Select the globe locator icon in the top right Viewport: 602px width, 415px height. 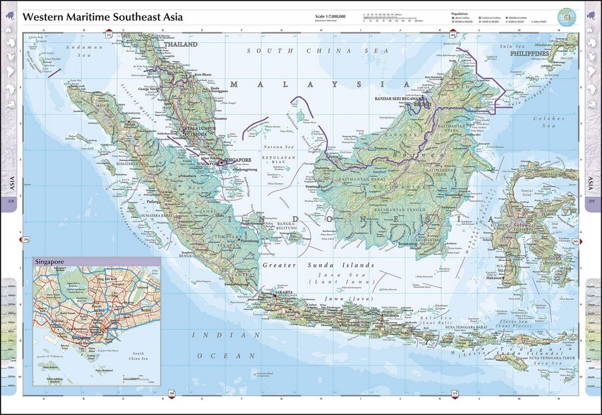567,16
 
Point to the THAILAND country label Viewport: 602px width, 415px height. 182,44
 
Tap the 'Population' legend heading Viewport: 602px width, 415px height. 460,13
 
